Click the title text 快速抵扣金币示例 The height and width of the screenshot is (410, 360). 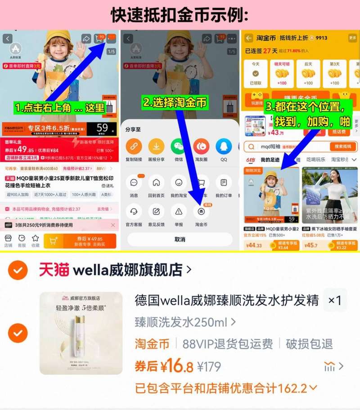point(180,15)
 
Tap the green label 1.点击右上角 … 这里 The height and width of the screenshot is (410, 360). point(60,108)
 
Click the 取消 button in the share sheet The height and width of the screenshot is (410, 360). point(180,239)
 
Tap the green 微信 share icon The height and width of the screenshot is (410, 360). point(179,147)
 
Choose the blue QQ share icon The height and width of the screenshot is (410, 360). point(224,147)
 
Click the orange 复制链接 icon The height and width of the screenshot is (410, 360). point(134,147)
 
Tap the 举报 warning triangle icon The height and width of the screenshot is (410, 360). point(179,211)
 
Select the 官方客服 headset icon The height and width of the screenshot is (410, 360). point(134,211)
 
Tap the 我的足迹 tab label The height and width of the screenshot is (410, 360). point(270,160)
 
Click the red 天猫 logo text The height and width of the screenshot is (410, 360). point(54,270)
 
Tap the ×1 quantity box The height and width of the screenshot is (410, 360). point(335,300)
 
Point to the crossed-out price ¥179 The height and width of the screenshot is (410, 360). point(209,367)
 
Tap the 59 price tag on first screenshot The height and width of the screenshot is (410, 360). point(103,128)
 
